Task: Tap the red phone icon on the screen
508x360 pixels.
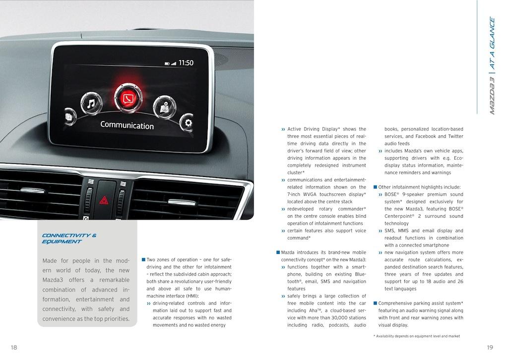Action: click(128, 98)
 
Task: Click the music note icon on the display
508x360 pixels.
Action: click(91, 104)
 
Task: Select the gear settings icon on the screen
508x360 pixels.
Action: click(187, 122)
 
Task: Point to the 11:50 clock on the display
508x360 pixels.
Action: click(186, 63)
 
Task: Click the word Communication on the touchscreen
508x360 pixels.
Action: click(127, 125)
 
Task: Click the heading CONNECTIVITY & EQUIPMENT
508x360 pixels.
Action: click(69, 239)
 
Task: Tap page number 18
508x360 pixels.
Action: click(14, 348)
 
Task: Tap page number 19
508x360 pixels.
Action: click(490, 348)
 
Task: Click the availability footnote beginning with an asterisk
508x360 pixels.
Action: click(416, 336)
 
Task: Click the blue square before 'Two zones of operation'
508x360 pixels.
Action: click(143, 259)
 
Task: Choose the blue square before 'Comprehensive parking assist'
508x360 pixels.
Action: click(375, 303)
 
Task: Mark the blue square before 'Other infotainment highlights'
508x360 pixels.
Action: click(375, 187)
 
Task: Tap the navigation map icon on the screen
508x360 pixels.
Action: click(163, 106)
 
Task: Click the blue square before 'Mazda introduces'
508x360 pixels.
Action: click(278, 252)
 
